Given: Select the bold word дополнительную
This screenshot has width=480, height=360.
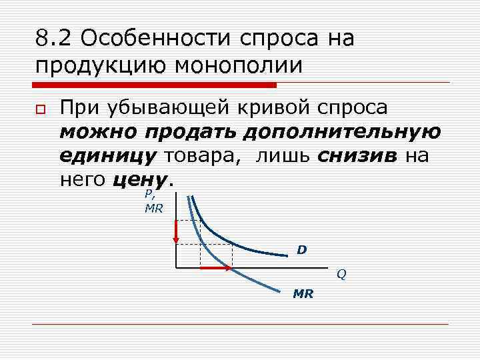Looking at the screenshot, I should (x=341, y=132).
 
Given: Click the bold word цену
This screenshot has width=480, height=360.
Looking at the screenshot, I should (x=141, y=179).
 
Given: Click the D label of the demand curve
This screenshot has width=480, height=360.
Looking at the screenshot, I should (x=302, y=250).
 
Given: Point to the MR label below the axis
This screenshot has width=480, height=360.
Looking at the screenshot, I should (x=303, y=294).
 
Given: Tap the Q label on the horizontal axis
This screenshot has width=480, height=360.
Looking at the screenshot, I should (x=341, y=274).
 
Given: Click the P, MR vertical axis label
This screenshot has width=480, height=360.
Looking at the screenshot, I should (x=153, y=202).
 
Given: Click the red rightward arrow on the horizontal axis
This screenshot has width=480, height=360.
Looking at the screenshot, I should (x=216, y=268).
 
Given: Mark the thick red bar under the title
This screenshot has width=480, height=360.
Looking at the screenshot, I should (x=155, y=85).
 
